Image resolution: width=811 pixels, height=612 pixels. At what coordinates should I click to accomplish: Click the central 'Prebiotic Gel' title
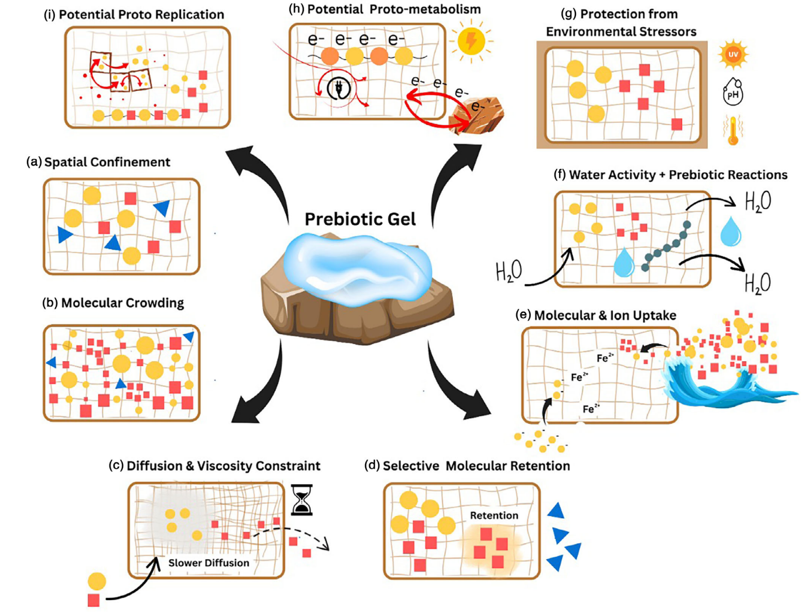click(x=360, y=219)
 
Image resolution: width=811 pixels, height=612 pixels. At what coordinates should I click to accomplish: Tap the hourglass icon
click(x=301, y=500)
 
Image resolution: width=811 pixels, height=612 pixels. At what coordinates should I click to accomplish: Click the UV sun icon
click(x=733, y=55)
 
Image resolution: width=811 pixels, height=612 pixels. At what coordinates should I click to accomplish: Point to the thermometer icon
click(x=733, y=130)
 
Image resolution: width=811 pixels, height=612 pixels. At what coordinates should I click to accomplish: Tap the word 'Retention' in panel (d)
click(x=494, y=515)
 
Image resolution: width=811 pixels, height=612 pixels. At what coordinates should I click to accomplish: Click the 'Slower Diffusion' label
click(x=209, y=562)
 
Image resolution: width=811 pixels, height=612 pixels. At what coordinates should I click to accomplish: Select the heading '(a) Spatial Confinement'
click(x=98, y=162)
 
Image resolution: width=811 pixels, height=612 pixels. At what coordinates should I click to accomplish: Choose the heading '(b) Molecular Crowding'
click(x=113, y=303)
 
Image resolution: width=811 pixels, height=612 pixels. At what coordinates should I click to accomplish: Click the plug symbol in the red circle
click(x=339, y=88)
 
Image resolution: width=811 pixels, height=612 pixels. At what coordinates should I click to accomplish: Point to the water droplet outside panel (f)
click(x=730, y=232)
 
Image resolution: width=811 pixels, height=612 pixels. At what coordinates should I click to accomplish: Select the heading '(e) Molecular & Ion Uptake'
click(x=596, y=315)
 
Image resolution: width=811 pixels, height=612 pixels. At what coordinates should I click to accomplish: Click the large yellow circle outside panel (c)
click(x=97, y=581)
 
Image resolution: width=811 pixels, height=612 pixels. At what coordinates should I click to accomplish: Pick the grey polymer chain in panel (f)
click(x=666, y=247)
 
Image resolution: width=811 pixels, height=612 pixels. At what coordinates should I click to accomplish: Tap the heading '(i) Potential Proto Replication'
click(x=134, y=14)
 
